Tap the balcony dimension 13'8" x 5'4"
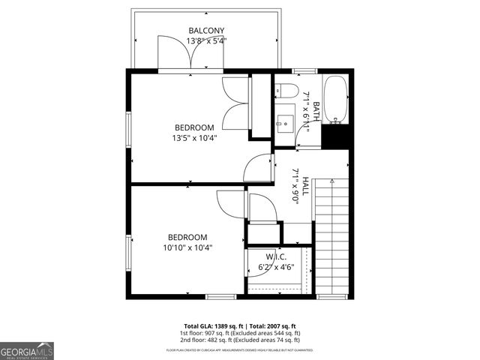207,41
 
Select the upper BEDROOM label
195,127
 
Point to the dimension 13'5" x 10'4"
195,138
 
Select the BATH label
316,111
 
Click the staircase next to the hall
332,236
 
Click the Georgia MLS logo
27,350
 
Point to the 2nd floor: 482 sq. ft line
240,339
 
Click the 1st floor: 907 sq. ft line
240,333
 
